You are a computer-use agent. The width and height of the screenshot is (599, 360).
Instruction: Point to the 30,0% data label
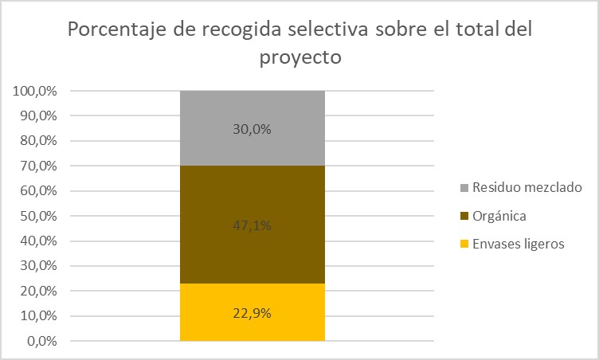pos(253,129)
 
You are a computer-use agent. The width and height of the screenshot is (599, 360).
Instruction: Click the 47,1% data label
pos(253,225)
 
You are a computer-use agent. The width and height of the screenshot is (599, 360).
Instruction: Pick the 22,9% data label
pos(253,313)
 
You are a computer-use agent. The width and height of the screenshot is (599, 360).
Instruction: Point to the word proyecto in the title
pos(300,57)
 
